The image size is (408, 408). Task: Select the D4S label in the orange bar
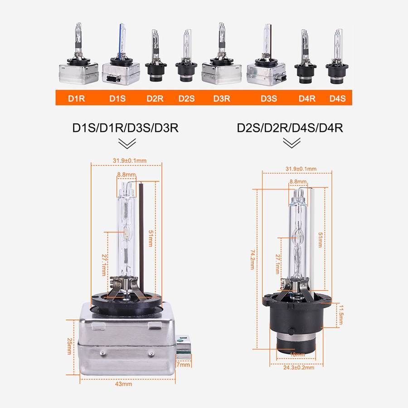pyautogui.click(x=337, y=98)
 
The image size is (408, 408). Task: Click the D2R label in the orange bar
pyautogui.click(x=155, y=98)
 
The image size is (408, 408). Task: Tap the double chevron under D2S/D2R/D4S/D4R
pyautogui.click(x=291, y=144)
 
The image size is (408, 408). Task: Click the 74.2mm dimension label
pyautogui.click(x=252, y=259)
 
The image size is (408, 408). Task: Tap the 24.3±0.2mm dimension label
pyautogui.click(x=298, y=368)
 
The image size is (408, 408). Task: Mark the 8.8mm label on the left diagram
pyautogui.click(x=126, y=175)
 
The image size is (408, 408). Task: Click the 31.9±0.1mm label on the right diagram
pyautogui.click(x=301, y=169)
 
